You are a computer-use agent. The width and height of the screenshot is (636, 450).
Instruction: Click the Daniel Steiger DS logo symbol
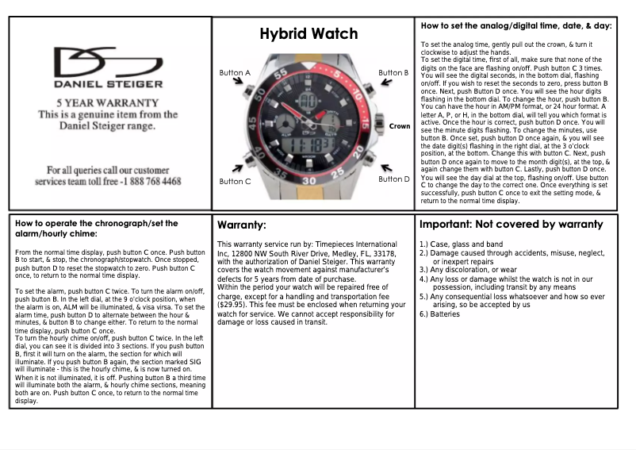tap(108, 62)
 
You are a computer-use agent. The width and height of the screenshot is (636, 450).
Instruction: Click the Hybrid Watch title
tap(309, 34)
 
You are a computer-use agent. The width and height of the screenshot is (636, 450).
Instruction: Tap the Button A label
tap(235, 73)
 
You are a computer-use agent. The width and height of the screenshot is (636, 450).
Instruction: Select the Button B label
tap(393, 73)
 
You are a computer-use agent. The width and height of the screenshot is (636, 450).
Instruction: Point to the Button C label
tap(235, 181)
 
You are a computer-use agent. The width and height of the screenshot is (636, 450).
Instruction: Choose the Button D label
tap(394, 179)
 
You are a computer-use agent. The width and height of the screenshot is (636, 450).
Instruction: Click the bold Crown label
tap(399, 126)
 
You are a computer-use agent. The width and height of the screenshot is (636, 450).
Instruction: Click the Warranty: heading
tap(242, 226)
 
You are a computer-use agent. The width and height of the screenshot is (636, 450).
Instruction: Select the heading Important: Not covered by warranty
tap(511, 225)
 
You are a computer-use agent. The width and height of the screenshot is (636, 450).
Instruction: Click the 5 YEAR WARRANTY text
tap(108, 103)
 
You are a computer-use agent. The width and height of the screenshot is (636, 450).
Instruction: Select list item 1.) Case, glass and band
tap(461, 244)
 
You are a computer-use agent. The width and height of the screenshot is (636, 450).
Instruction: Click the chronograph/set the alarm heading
tap(97, 229)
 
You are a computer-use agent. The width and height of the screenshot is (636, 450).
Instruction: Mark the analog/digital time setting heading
tap(515, 26)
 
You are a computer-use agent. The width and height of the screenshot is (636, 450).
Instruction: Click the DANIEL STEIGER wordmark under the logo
tap(108, 83)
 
